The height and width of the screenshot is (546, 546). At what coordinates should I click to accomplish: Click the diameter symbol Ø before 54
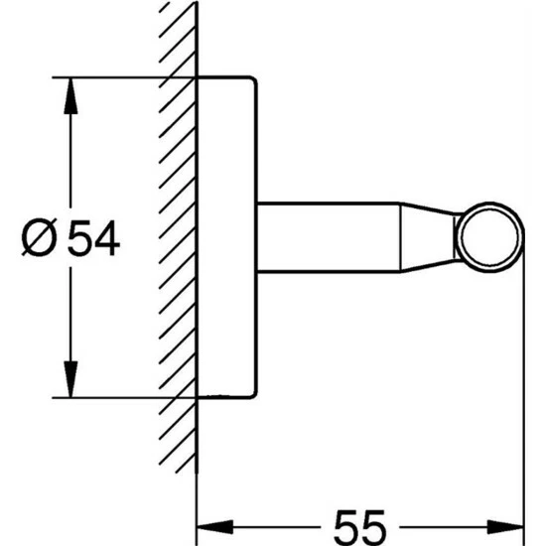coord(39,237)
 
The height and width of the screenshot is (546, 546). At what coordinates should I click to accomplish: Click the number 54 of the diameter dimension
coord(93,238)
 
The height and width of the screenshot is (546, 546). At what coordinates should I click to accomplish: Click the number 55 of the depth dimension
coord(359,528)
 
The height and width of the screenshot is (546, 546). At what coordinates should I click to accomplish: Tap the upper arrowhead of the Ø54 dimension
coord(70,95)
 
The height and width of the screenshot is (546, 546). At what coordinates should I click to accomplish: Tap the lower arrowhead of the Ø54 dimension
coord(70,379)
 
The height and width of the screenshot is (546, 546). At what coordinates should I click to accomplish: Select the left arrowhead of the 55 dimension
coord(215,527)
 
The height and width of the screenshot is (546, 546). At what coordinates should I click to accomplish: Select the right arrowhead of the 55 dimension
coord(505,527)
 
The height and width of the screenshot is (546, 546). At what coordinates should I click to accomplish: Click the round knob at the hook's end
coord(489,237)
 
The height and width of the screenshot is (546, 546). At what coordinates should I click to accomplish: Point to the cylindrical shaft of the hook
coord(329,237)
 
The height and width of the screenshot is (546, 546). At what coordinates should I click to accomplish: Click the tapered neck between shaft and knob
coord(428,237)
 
